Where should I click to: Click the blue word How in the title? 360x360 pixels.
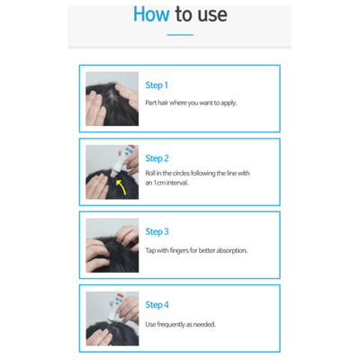(x=151, y=14)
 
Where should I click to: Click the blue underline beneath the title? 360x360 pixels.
(x=180, y=35)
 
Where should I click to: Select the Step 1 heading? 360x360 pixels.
(x=157, y=85)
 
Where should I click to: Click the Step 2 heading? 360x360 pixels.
(x=157, y=158)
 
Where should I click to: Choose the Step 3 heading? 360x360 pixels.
(x=157, y=232)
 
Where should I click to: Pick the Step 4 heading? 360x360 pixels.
(x=157, y=305)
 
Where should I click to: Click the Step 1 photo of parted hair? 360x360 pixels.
(x=112, y=98)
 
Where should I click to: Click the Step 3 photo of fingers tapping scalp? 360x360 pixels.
(x=112, y=245)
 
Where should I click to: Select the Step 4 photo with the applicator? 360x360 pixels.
(x=112, y=318)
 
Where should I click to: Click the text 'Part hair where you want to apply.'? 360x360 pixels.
(x=191, y=103)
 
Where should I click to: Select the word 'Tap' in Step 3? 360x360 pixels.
(x=150, y=250)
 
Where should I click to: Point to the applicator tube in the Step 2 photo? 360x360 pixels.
(x=123, y=163)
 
